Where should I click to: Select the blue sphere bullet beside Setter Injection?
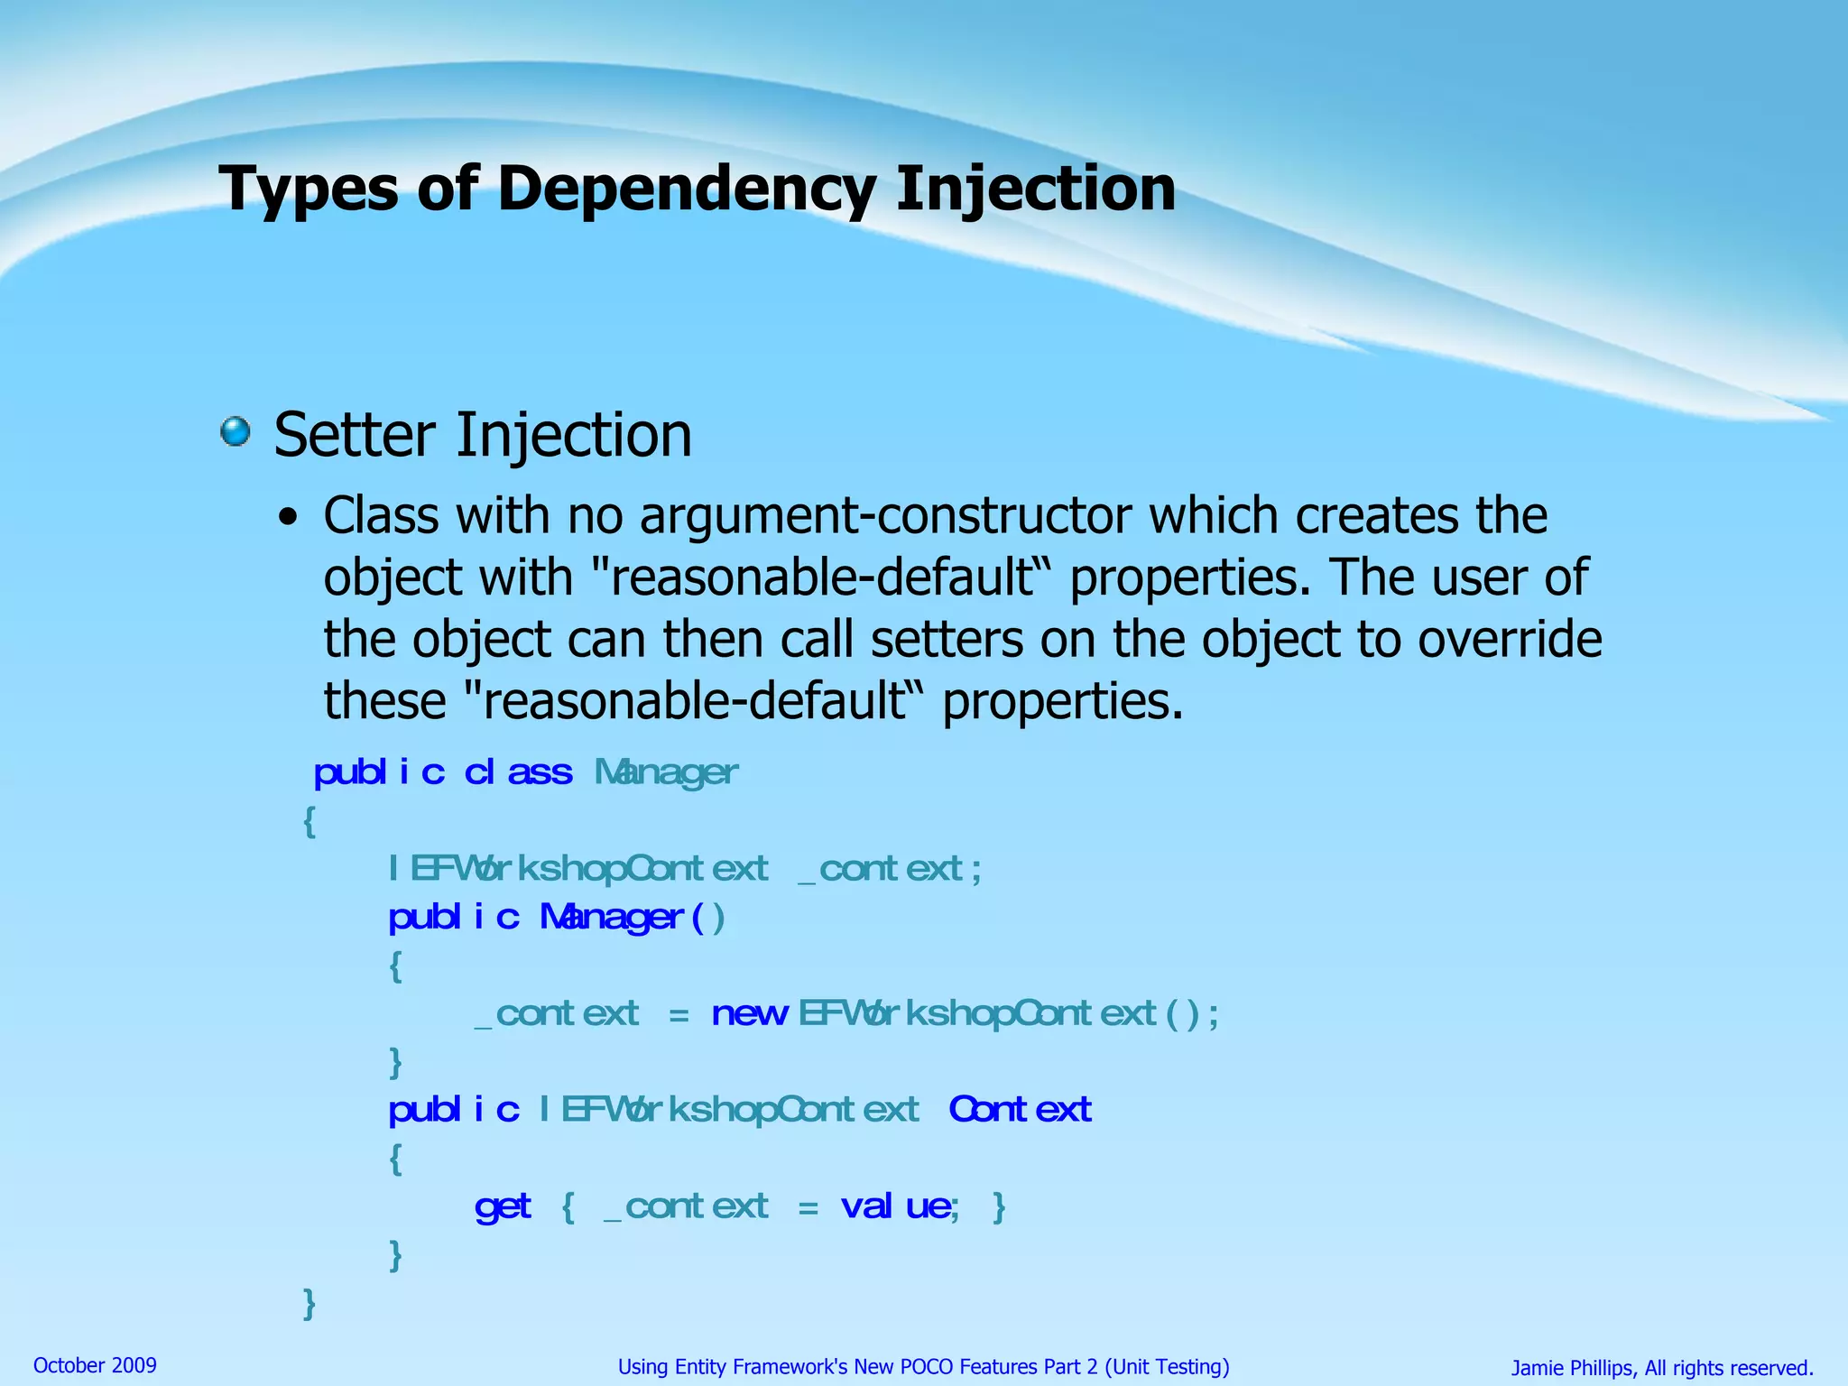tap(236, 431)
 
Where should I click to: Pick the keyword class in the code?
tap(518, 772)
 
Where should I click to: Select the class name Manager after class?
tap(666, 772)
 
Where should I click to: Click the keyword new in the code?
tap(749, 1013)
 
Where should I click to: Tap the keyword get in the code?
tap(503, 1206)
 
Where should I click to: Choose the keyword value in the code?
tap(899, 1206)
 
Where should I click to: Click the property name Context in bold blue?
tap(1020, 1109)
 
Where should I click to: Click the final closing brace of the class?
tap(309, 1303)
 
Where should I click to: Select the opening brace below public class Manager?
tap(310, 821)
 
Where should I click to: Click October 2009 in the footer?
tap(95, 1365)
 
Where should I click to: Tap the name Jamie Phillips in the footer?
tap(1572, 1368)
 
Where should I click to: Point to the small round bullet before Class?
tap(287, 519)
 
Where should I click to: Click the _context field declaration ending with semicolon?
tap(889, 869)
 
